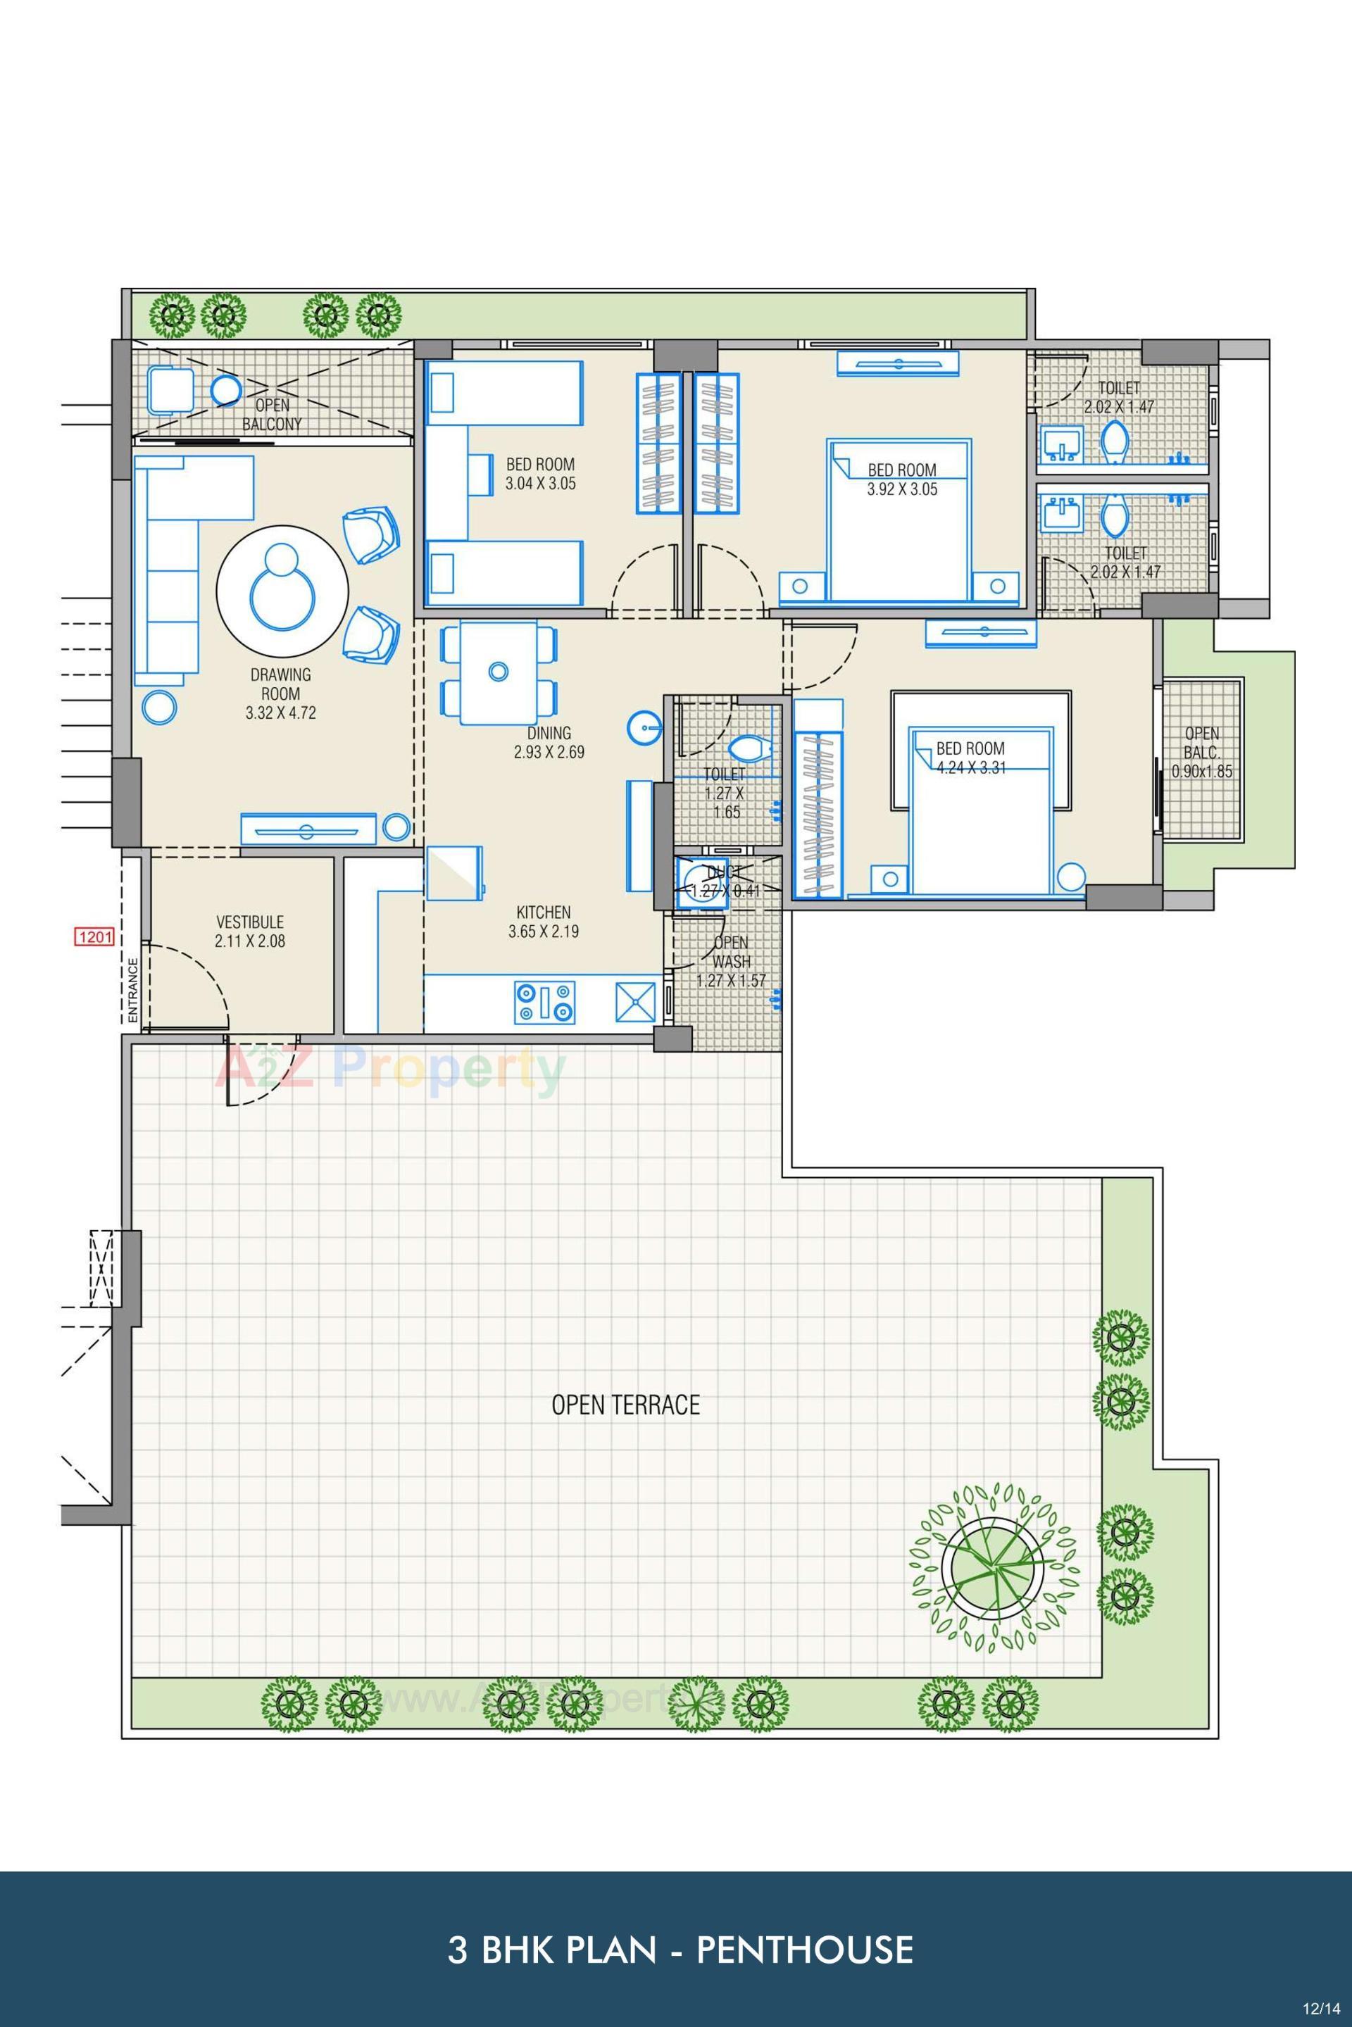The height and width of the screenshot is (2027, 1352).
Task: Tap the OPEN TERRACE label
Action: pyautogui.click(x=625, y=1405)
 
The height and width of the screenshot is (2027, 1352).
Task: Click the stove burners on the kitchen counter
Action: pyautogui.click(x=545, y=1002)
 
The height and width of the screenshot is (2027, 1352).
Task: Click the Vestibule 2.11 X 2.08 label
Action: pyautogui.click(x=250, y=931)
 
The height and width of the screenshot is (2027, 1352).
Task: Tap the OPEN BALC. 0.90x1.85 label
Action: pyautogui.click(x=1202, y=752)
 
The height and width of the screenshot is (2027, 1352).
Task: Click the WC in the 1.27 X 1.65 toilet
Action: pyautogui.click(x=746, y=748)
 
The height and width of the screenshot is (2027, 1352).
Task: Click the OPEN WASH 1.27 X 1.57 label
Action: pyautogui.click(x=730, y=961)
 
